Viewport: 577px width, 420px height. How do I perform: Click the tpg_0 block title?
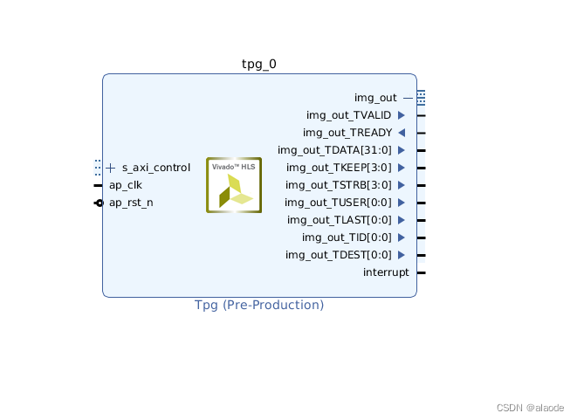point(259,64)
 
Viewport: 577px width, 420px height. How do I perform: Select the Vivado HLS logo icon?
point(234,185)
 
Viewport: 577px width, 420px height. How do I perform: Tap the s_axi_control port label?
point(155,168)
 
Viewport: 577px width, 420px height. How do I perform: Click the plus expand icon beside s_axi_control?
point(111,168)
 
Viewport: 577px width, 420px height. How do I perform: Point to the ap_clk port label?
point(125,185)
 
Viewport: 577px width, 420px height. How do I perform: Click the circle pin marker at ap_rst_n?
point(100,203)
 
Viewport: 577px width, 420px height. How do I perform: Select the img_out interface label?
point(375,98)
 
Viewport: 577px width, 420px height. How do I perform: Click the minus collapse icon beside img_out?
point(408,98)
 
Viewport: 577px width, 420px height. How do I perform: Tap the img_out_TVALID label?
point(348,115)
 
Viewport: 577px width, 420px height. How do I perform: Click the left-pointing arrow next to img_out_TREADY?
point(402,133)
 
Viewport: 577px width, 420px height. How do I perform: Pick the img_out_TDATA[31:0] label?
point(334,150)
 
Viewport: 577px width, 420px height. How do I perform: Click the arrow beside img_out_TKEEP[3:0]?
point(402,168)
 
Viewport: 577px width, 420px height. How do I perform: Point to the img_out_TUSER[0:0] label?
point(339,203)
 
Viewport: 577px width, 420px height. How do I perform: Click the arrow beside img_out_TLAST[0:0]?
point(402,220)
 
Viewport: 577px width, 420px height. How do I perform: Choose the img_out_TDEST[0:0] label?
point(339,255)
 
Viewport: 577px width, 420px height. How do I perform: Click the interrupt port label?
point(386,272)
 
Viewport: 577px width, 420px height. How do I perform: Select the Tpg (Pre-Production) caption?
point(259,306)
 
